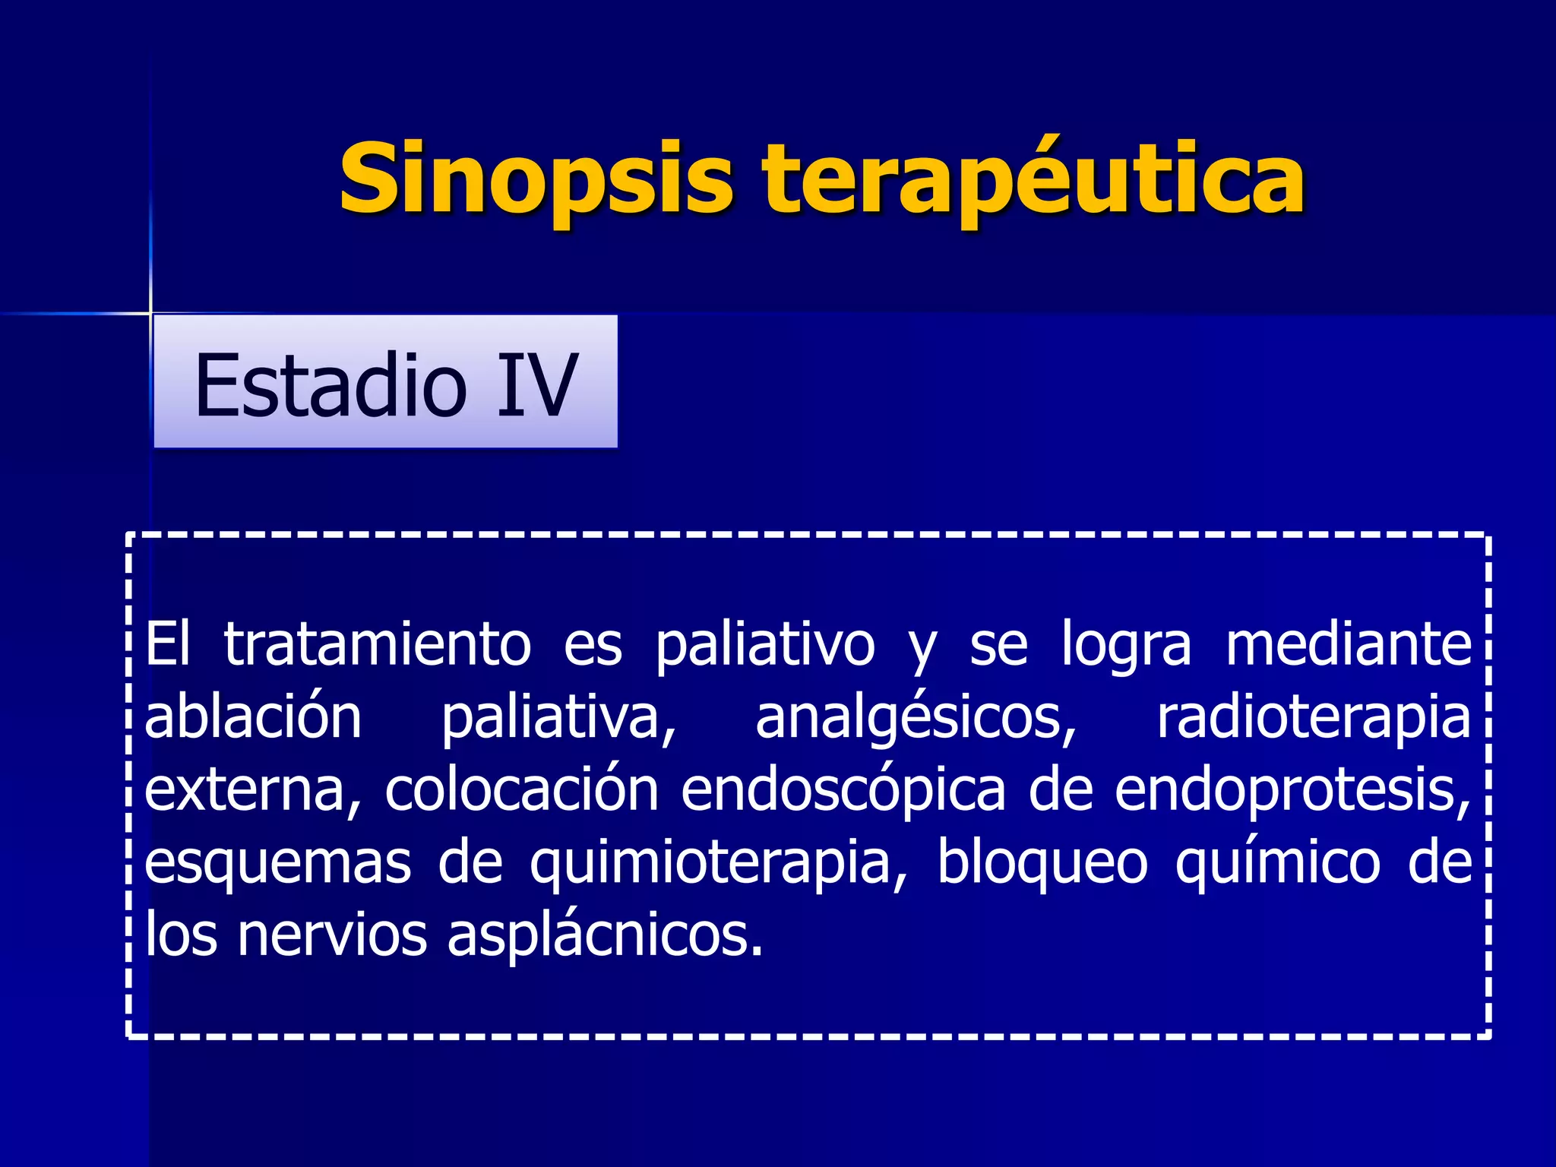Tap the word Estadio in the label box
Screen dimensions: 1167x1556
pos(330,385)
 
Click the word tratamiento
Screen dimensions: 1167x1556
pos(377,644)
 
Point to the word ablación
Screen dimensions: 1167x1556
pos(253,717)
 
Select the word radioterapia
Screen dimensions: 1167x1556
pos(1314,717)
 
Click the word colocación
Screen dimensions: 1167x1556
pos(521,790)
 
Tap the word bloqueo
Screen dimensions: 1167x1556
pos(1042,862)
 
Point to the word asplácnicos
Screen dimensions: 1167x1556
pos(604,936)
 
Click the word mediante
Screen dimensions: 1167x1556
pos(1349,644)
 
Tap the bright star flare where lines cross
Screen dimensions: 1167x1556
pos(150,312)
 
